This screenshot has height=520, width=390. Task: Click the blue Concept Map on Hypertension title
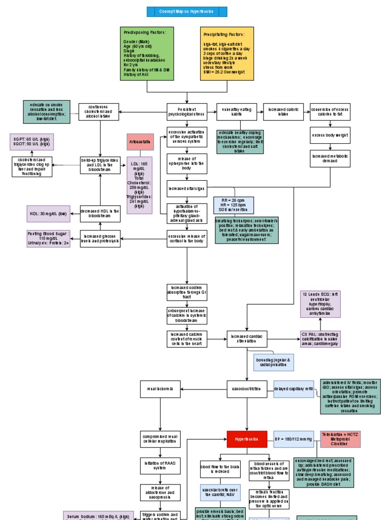click(186, 12)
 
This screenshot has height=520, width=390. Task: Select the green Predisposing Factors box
click(147, 53)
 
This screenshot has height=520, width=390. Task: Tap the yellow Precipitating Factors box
click(227, 53)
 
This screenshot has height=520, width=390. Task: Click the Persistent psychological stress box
click(187, 112)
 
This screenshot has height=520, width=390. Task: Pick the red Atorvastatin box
click(140, 142)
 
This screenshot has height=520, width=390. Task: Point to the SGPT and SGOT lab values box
click(31, 142)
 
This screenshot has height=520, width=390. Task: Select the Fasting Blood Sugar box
click(48, 238)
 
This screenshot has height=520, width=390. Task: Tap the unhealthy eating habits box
click(237, 112)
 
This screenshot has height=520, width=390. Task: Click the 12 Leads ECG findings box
click(321, 304)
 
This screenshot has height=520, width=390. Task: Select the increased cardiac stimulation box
click(247, 338)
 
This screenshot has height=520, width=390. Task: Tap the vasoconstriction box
click(247, 389)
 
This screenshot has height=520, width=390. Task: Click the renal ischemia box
click(160, 389)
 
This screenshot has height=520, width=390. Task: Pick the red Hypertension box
click(247, 439)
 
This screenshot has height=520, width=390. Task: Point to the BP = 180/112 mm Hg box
click(294, 439)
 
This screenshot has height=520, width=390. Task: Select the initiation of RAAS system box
click(160, 466)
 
